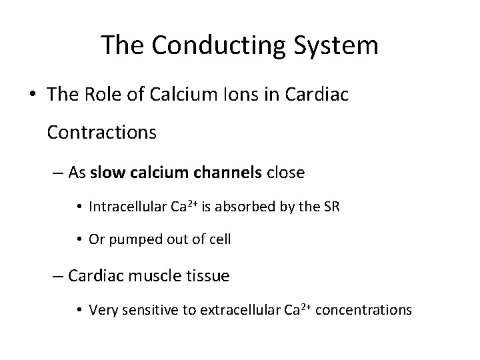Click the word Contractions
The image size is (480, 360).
(102, 133)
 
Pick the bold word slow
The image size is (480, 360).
(105, 173)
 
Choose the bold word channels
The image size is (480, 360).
(227, 173)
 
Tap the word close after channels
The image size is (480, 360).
(285, 173)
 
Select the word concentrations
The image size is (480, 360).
(364, 309)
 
